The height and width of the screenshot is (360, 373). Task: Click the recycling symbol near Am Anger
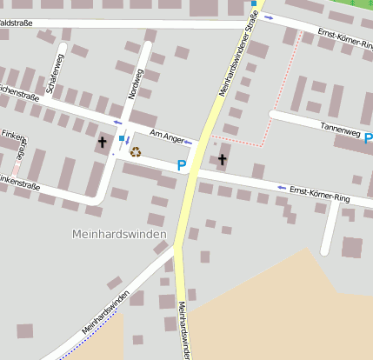coord(136,152)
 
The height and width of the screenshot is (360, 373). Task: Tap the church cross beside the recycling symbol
coord(103,140)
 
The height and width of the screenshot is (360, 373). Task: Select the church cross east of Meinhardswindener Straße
coord(222,159)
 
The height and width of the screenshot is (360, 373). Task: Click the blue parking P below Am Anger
coord(182,164)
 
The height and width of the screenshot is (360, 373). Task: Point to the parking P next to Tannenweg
coord(369,138)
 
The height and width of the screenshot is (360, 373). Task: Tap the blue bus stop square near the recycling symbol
coord(121,138)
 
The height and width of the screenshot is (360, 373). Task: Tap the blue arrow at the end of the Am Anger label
coord(188,142)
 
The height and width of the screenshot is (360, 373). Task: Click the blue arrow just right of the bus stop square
coord(129,139)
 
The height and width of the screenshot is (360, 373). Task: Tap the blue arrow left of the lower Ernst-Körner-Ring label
coord(281,187)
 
